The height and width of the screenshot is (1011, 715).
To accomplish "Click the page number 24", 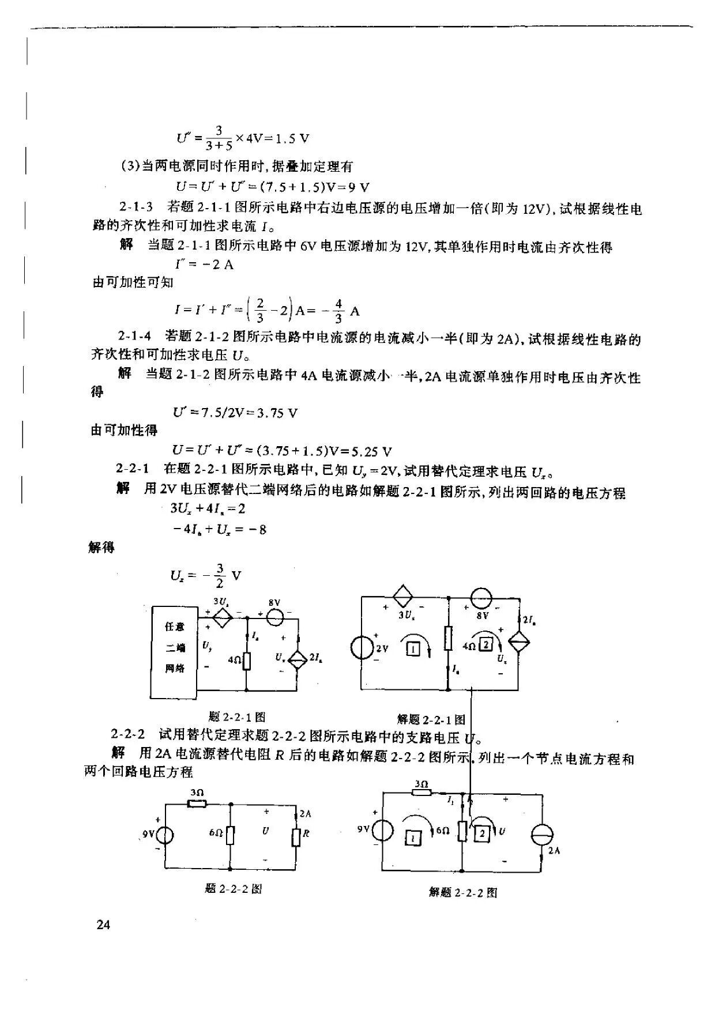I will pyautogui.click(x=103, y=925).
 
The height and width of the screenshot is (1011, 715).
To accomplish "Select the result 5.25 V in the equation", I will pyautogui.click(x=366, y=451).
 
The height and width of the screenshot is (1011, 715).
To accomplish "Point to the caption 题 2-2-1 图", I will pyautogui.click(x=237, y=716).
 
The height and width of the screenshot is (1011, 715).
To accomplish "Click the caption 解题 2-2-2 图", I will pyautogui.click(x=463, y=892).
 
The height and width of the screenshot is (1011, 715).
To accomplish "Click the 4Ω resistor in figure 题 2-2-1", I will pyautogui.click(x=247, y=660).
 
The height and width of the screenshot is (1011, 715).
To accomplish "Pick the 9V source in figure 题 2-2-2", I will pyautogui.click(x=165, y=834).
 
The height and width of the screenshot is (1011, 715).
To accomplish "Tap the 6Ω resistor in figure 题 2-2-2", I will pyautogui.click(x=231, y=834).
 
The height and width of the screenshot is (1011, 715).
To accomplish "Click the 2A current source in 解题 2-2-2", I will pyautogui.click(x=542, y=835).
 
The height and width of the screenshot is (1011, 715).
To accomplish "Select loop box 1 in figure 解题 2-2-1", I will pyautogui.click(x=413, y=650).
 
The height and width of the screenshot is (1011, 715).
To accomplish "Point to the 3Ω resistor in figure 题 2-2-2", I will pyautogui.click(x=197, y=804).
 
